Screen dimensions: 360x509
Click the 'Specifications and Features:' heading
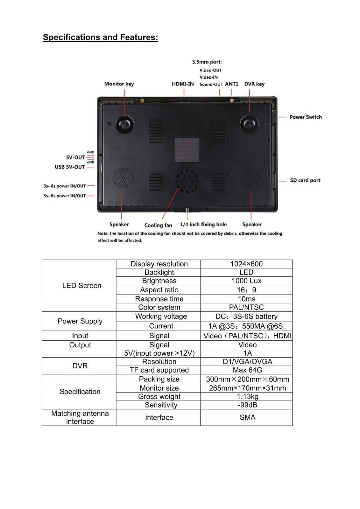point(100,37)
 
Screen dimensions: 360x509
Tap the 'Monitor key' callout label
point(119,84)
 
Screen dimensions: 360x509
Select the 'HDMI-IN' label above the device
point(183,84)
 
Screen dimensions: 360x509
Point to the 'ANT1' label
point(232,84)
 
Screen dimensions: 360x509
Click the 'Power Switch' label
point(306,117)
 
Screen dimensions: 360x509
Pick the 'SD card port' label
point(305,180)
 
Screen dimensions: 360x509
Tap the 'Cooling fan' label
point(158,226)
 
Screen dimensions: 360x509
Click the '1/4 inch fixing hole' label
point(203,225)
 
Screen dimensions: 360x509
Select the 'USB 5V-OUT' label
point(70,167)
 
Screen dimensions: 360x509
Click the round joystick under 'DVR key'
point(249,125)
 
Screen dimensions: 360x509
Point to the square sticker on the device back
point(187,150)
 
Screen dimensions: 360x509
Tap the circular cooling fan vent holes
point(187,181)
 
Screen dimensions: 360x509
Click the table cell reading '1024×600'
point(246,264)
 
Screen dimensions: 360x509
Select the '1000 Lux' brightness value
point(246,281)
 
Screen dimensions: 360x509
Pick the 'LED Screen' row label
point(81,286)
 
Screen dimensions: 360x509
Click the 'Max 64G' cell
point(247,370)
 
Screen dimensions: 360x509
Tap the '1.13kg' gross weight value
point(247,396)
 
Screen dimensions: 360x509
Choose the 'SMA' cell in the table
point(247,417)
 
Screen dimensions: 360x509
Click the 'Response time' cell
point(159,299)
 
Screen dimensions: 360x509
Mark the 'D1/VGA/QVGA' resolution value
point(247,361)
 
